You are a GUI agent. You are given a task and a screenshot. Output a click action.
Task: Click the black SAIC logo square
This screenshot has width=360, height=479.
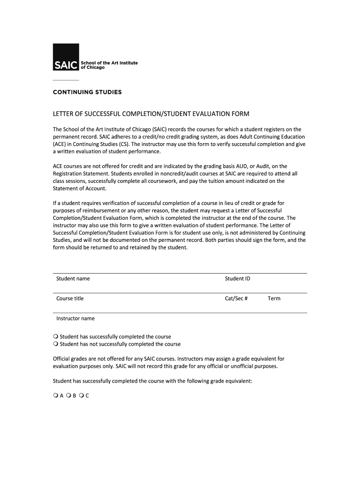66,57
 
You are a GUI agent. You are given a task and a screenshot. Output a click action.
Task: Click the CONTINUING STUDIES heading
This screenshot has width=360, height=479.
87,92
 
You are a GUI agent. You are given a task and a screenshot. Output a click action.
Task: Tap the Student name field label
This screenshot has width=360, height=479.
73,279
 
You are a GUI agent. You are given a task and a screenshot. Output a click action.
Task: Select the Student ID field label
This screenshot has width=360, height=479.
238,279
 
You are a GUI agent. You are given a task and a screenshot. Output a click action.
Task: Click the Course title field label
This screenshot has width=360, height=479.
70,298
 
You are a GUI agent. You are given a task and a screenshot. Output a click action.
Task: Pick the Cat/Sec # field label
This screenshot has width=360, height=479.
236,298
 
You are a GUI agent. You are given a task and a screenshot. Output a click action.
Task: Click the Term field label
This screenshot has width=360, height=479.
274,298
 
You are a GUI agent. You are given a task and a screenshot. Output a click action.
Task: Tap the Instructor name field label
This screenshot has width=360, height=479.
75,319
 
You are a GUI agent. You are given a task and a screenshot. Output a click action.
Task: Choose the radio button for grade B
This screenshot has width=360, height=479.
68,396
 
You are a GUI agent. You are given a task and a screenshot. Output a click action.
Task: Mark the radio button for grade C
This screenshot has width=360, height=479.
81,396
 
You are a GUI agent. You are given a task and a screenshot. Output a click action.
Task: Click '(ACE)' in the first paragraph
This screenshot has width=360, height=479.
59,144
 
